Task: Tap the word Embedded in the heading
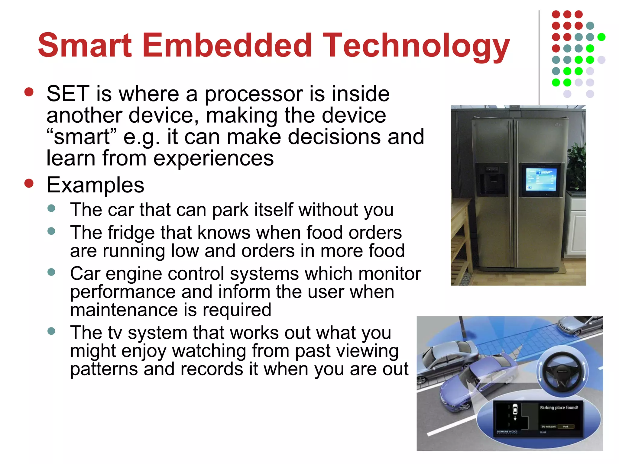pyautogui.click(x=227, y=45)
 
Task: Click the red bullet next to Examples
pyautogui.click(x=29, y=183)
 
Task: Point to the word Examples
pyautogui.click(x=96, y=185)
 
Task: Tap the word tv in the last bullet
pyautogui.click(x=115, y=333)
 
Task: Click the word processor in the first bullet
pyautogui.click(x=254, y=94)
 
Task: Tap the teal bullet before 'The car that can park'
pyautogui.click(x=51, y=208)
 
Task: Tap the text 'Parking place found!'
pyautogui.click(x=559, y=408)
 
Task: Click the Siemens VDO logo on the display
pyautogui.click(x=507, y=432)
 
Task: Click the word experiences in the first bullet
pyautogui.click(x=213, y=158)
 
